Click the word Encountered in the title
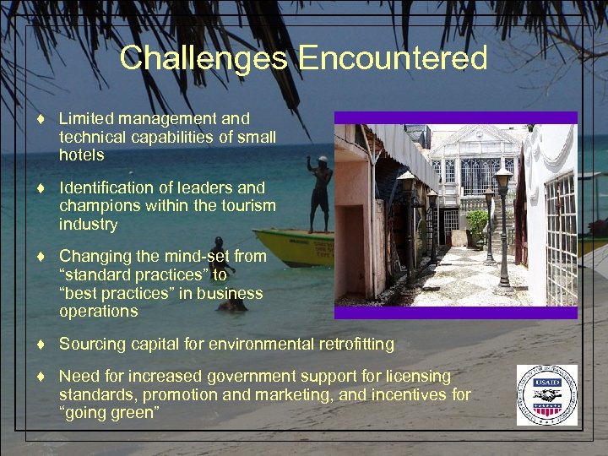point(393,58)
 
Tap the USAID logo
point(547,395)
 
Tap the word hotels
point(82,155)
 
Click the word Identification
point(110,188)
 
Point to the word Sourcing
point(91,344)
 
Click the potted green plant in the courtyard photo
point(477,224)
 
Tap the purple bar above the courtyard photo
point(456,117)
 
